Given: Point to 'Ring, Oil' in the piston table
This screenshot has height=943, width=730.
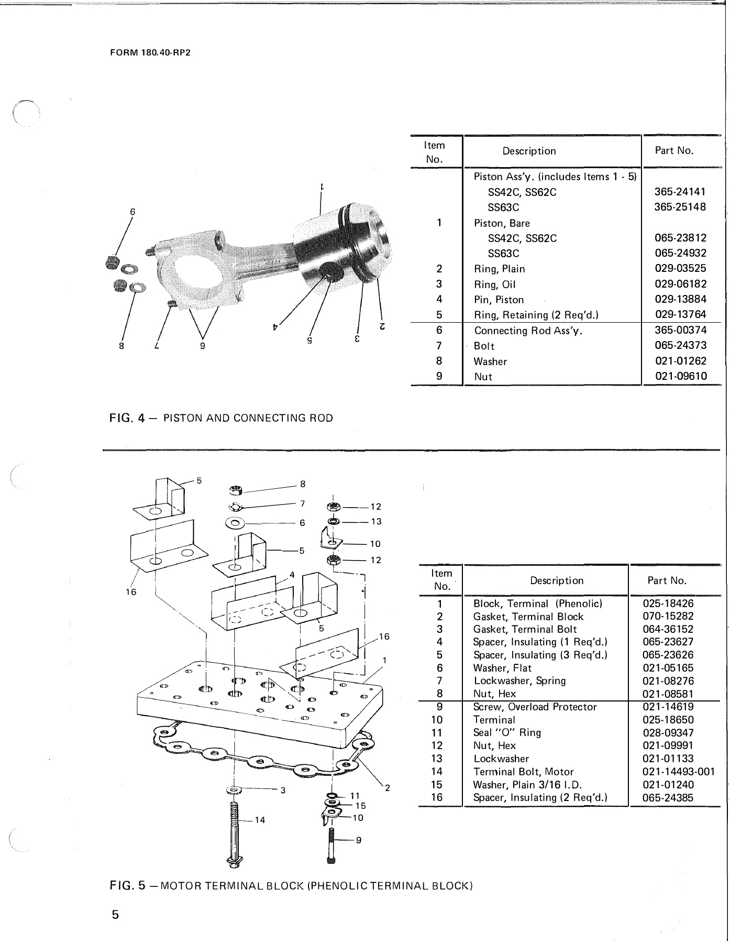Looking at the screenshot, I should tap(495, 284).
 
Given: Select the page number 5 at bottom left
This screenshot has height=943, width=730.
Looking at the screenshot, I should tap(115, 915).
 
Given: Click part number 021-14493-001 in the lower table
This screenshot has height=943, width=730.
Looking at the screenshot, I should tap(678, 772).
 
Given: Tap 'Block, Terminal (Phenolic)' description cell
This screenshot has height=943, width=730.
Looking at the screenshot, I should tap(537, 604).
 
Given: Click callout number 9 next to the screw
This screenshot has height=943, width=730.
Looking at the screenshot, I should tap(358, 855).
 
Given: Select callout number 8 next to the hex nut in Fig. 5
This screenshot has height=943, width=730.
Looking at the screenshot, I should tap(303, 484).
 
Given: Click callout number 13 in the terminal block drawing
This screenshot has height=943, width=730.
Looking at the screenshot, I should tap(376, 521).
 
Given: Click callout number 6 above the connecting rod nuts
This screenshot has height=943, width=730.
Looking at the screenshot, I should tap(132, 212).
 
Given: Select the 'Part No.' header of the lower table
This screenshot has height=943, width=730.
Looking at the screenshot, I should tap(667, 580).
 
